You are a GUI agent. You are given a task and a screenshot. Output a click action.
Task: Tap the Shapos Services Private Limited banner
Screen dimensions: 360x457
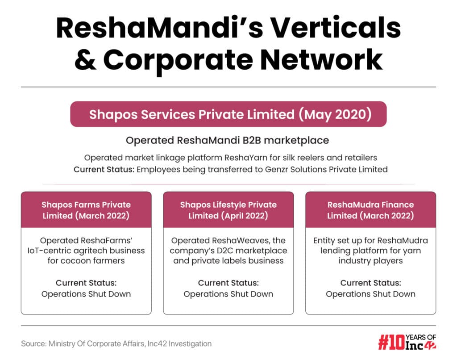pos(228,114)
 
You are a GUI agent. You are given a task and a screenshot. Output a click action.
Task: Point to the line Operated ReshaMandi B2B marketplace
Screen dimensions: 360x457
pos(227,140)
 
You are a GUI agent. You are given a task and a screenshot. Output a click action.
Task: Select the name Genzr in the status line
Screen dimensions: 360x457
pos(277,169)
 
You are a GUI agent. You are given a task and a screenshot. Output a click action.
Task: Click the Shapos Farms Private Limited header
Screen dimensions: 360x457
pos(86,210)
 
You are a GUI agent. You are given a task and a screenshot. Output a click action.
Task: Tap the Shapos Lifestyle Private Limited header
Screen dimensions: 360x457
pos(228,210)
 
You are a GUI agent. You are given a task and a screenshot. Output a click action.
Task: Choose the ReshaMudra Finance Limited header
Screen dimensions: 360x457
pos(370,210)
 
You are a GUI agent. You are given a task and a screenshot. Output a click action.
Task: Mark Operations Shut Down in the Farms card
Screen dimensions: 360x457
pos(86,294)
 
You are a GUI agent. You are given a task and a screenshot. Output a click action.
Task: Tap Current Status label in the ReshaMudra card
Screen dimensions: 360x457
pos(370,283)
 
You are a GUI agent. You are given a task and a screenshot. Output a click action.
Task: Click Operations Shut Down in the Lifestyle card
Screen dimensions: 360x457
pos(228,294)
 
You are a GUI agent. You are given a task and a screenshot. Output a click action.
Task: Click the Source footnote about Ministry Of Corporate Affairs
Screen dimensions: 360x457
pos(116,343)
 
